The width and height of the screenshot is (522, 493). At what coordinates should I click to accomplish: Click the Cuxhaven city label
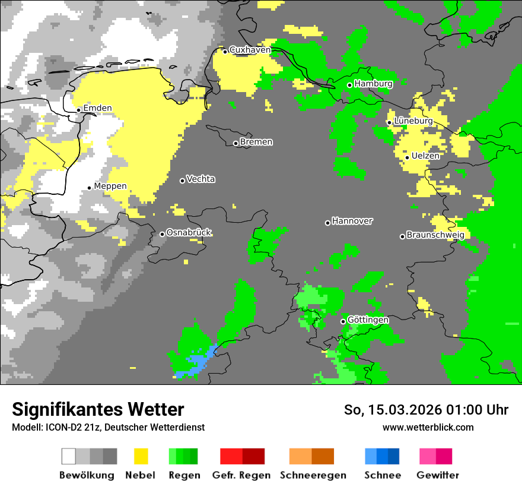click(250, 50)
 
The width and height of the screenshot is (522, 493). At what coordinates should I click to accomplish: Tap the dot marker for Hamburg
click(350, 85)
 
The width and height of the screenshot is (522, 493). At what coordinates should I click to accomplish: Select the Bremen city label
click(256, 142)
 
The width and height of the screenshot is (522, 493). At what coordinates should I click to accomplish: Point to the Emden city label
click(97, 108)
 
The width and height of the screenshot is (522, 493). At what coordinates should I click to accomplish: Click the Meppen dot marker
click(90, 188)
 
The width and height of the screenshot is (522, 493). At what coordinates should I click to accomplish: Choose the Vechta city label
click(200, 179)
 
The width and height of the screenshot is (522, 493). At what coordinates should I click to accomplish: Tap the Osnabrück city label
click(189, 232)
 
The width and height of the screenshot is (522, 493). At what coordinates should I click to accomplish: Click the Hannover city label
click(352, 221)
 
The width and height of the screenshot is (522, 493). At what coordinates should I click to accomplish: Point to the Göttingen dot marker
click(343, 321)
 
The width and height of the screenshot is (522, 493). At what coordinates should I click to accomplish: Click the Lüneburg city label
click(413, 121)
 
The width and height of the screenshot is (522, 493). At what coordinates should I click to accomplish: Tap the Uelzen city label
click(425, 156)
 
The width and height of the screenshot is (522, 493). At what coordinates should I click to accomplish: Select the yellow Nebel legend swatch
click(141, 456)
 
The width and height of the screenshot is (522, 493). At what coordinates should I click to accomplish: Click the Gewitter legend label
click(437, 475)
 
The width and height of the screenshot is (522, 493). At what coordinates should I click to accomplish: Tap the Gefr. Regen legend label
click(241, 475)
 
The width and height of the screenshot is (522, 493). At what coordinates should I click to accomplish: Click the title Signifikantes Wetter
click(98, 409)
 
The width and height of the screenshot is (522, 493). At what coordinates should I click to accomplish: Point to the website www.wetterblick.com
click(428, 427)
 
